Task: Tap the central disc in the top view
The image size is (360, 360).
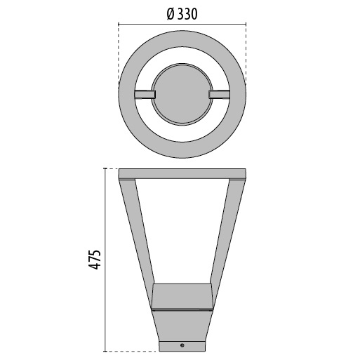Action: click(182, 94)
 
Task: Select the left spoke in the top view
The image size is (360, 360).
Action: click(145, 94)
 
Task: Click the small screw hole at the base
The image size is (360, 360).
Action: click(182, 345)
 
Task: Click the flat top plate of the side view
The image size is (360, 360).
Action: click(182, 173)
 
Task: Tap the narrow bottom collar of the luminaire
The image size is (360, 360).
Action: click(182, 344)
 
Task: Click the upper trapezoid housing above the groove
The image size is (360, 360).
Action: click(182, 295)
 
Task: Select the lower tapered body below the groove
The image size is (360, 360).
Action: click(182, 322)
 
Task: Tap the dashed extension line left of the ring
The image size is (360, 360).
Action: click(119, 56)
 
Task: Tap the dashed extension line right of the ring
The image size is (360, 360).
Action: click(246, 56)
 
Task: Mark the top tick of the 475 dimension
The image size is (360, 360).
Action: click(105, 168)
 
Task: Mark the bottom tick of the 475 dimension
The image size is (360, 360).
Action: click(105, 349)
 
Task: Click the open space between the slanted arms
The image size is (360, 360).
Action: click(182, 232)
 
